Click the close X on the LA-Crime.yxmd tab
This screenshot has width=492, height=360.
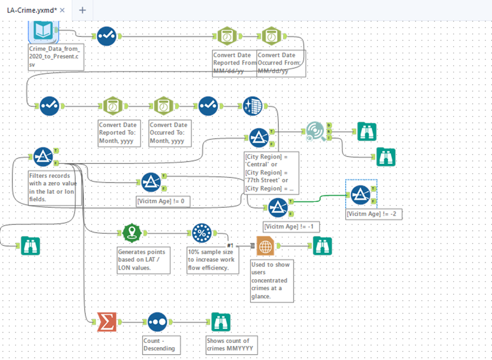pos(62,10)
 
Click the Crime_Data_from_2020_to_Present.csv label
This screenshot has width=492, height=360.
pos(56,56)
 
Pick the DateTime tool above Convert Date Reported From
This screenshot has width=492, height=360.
pos(226,36)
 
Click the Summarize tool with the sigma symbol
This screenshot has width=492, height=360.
pos(107,322)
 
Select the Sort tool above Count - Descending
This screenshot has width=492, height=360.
pos(157,322)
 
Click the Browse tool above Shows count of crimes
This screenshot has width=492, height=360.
pos(221,322)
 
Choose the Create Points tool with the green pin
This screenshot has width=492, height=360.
pos(133,233)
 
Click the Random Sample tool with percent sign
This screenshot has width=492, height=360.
pos(202,233)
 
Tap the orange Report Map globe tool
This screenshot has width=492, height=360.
pos(265,246)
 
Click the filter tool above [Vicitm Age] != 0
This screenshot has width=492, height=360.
pos(151,182)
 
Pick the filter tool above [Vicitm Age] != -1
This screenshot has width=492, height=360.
pos(277,207)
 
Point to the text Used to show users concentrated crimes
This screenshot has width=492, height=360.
pos(271,280)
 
